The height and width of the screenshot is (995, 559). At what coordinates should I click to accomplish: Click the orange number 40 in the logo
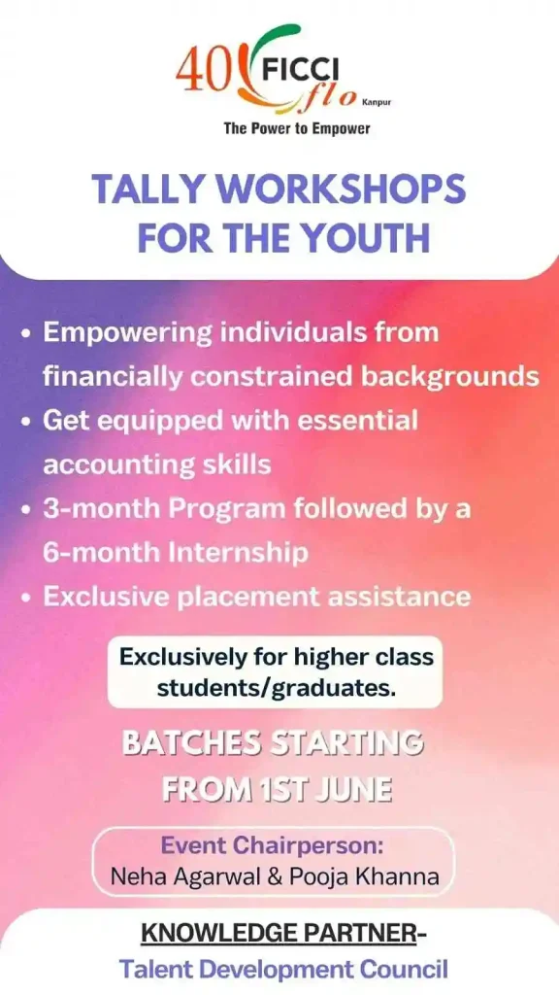coord(202,73)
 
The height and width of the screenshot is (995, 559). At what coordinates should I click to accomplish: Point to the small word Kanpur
coord(377,101)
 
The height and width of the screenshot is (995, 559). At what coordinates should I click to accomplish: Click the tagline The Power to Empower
coord(297,129)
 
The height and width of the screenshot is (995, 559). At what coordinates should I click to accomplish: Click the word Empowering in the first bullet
coord(127,334)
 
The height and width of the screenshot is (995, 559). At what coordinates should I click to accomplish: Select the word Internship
coord(238,553)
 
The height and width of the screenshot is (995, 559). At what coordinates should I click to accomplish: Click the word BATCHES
coord(191,743)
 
